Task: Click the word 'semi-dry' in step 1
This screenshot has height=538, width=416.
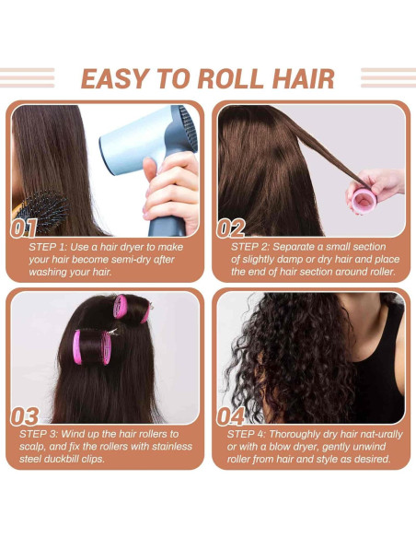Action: tap(139, 260)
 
